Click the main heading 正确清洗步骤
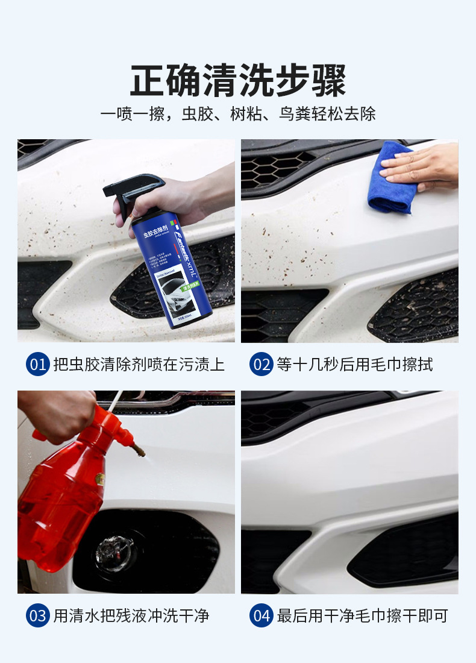tap(238, 81)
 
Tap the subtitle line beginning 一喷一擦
tap(238, 114)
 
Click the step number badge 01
tap(37, 365)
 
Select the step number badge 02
tap(261, 365)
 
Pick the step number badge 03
tap(37, 615)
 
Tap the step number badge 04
tap(261, 615)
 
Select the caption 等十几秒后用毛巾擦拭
tap(354, 365)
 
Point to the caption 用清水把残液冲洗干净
tap(131, 615)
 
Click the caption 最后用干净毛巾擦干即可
tap(362, 615)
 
